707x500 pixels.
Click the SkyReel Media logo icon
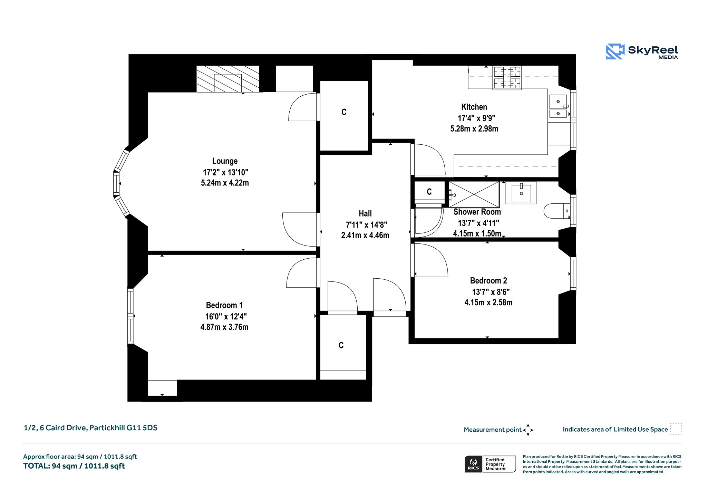tap(615, 51)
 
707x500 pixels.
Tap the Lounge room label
tap(225, 161)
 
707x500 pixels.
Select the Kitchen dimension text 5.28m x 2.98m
tap(474, 129)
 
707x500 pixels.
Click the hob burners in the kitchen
tap(507, 78)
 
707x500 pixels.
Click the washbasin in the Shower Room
tap(521, 193)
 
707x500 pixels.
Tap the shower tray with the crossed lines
tap(474, 195)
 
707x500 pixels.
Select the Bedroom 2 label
tap(488, 281)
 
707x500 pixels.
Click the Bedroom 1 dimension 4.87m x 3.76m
tap(224, 327)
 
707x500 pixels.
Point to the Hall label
tap(365, 214)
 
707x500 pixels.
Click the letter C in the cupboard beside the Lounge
tap(344, 112)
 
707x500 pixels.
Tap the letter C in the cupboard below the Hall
tap(341, 345)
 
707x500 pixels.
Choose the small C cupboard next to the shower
tap(429, 192)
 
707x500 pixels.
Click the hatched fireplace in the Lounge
tap(227, 79)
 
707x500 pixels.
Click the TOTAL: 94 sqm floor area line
tap(74, 466)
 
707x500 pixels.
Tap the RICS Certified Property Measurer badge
tap(490, 464)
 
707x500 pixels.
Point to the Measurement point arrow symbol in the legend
tap(528, 430)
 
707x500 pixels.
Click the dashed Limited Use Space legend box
tap(676, 429)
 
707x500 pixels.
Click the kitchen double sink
tap(558, 106)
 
